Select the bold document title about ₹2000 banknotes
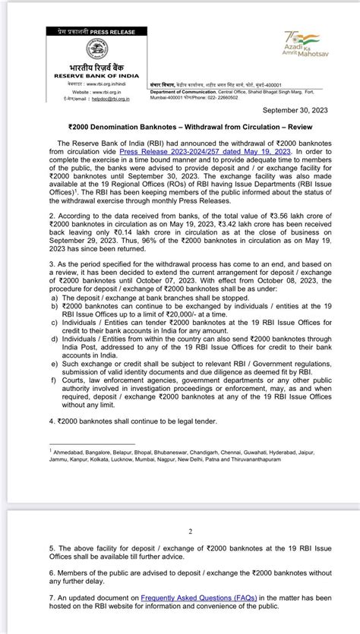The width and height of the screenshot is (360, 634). click(180, 129)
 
